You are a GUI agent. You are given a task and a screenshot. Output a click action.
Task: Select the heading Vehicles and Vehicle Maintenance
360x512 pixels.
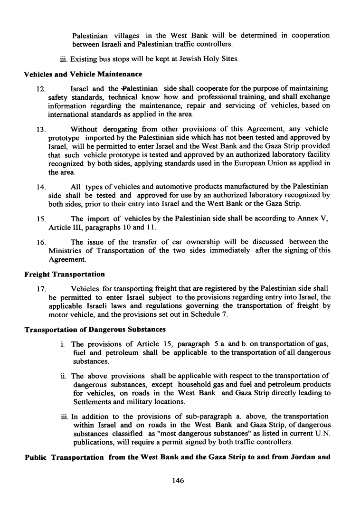click(83, 74)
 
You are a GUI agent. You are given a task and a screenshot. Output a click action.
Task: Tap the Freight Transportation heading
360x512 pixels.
click(65, 274)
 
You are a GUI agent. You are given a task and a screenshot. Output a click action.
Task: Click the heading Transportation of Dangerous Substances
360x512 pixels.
click(95, 330)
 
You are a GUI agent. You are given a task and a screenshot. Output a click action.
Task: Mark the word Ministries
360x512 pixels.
click(67, 251)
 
